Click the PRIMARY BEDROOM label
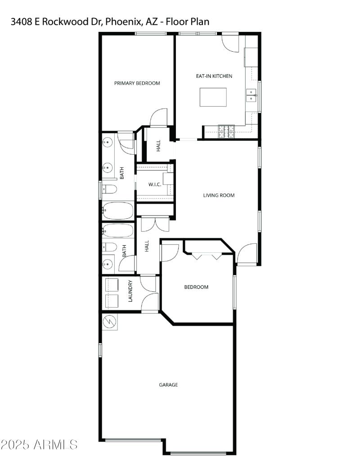click(x=137, y=83)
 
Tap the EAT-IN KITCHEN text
click(x=214, y=76)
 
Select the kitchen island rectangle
click(x=213, y=97)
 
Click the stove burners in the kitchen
click(x=227, y=131)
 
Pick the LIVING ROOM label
click(x=219, y=195)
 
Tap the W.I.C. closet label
click(x=155, y=185)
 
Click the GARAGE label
click(x=168, y=385)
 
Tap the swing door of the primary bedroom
click(x=159, y=118)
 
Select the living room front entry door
click(x=247, y=254)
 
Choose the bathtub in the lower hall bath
click(x=118, y=231)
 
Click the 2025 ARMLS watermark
click(x=39, y=445)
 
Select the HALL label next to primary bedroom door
click(x=158, y=146)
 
